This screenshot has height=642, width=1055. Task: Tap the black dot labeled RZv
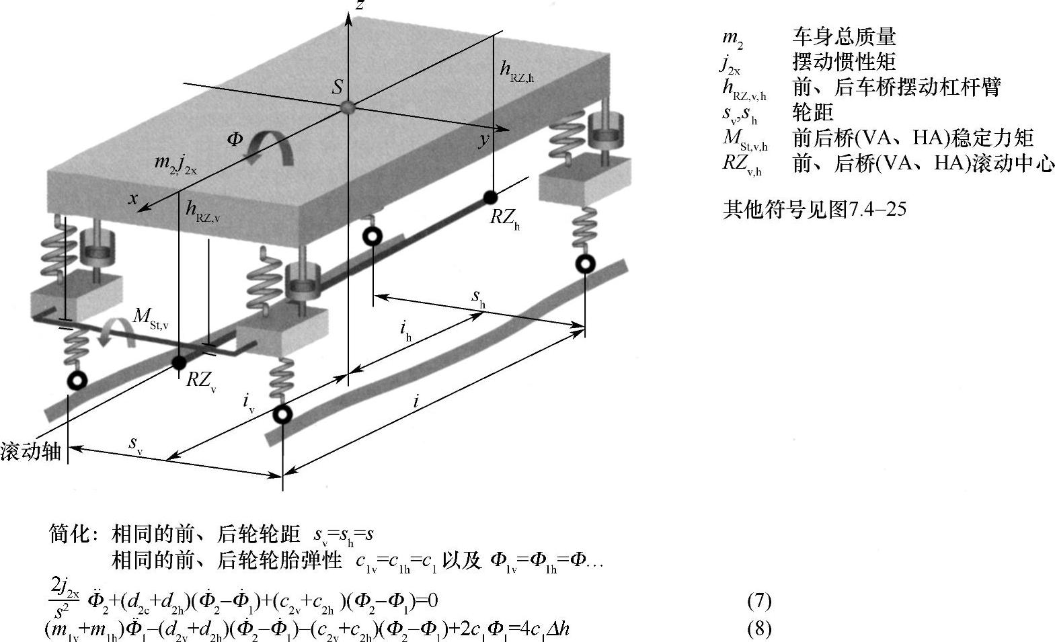(x=179, y=363)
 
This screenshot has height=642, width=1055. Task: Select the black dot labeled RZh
(x=491, y=197)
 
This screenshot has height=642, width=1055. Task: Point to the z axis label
(x=360, y=5)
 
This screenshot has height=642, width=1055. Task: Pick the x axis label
(x=134, y=198)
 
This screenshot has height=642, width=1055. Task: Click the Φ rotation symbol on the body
(x=235, y=140)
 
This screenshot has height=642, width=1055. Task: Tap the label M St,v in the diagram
(x=150, y=317)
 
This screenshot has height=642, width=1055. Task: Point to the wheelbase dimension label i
(x=416, y=402)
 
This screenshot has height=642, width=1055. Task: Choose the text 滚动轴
(x=31, y=451)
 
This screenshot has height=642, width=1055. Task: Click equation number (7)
(x=759, y=600)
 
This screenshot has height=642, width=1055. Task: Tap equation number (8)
(x=759, y=629)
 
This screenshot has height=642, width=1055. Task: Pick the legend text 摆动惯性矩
(x=844, y=62)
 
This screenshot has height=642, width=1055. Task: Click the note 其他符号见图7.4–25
(x=814, y=210)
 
